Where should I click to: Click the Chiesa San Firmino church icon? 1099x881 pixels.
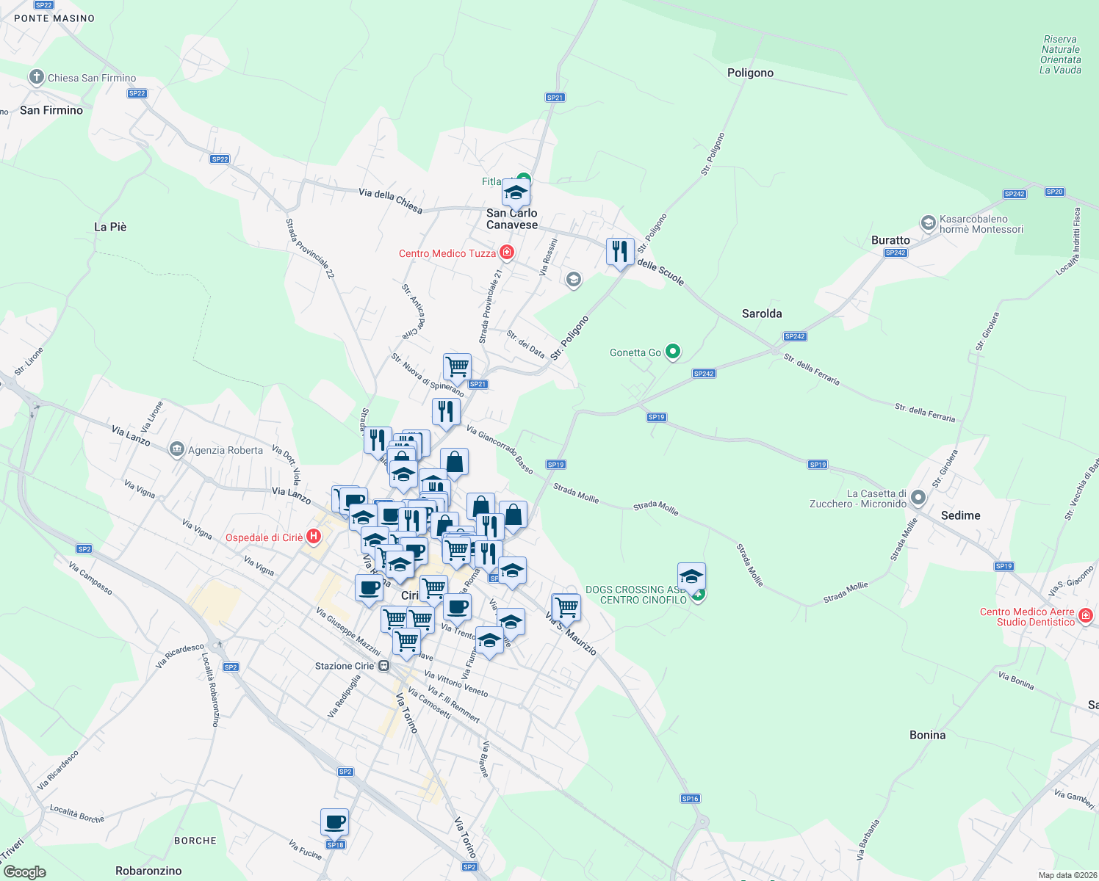(37, 77)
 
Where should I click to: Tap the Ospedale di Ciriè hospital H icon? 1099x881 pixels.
(314, 537)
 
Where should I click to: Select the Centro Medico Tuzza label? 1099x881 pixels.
(447, 253)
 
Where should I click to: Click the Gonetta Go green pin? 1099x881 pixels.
(673, 352)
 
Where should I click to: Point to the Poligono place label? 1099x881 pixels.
(750, 73)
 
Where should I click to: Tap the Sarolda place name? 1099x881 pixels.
(762, 313)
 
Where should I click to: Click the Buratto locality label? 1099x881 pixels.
(890, 240)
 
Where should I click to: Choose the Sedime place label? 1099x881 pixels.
(960, 515)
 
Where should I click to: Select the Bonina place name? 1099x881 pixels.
(927, 735)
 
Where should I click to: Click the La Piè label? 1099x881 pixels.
(110, 227)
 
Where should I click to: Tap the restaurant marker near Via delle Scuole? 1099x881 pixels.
(620, 252)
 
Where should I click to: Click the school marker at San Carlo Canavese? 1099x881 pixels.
(516, 193)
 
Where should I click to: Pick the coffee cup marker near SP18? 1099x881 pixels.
(334, 822)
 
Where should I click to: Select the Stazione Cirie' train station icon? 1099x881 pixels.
(383, 666)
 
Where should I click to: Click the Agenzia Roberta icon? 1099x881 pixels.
(176, 449)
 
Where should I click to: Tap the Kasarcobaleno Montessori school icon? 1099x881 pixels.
(928, 222)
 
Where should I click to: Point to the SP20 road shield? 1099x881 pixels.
(1054, 192)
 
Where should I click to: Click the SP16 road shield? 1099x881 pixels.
(690, 798)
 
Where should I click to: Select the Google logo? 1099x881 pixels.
(25, 871)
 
